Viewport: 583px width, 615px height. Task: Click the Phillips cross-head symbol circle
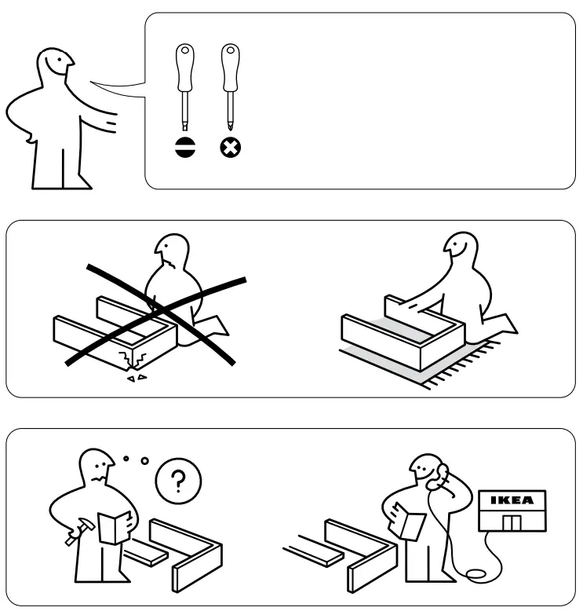[x=229, y=148]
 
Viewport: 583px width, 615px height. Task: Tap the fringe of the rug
[x=471, y=369]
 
